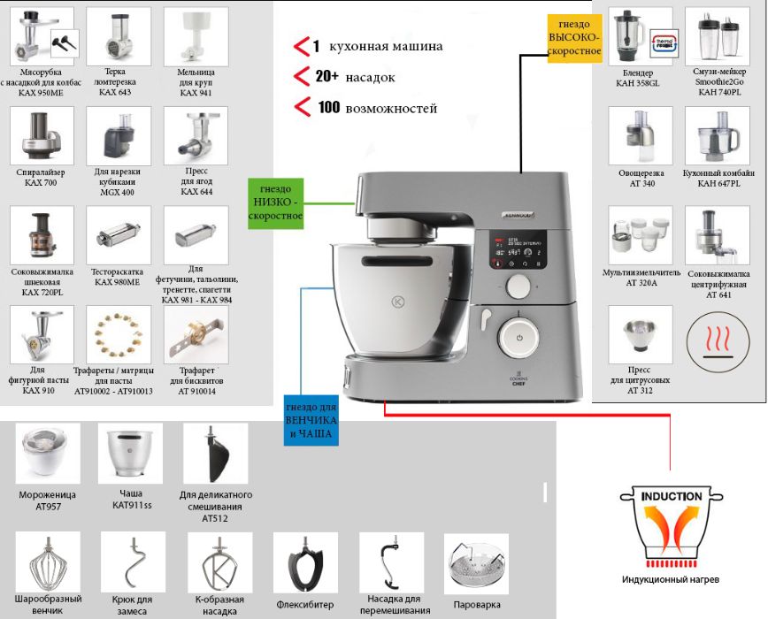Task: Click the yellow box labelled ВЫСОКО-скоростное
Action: [x=575, y=38]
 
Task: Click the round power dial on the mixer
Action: [x=520, y=336]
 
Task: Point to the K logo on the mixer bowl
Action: [x=397, y=302]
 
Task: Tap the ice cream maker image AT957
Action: [x=48, y=452]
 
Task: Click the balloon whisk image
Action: [x=48, y=562]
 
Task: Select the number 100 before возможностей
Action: [x=329, y=108]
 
